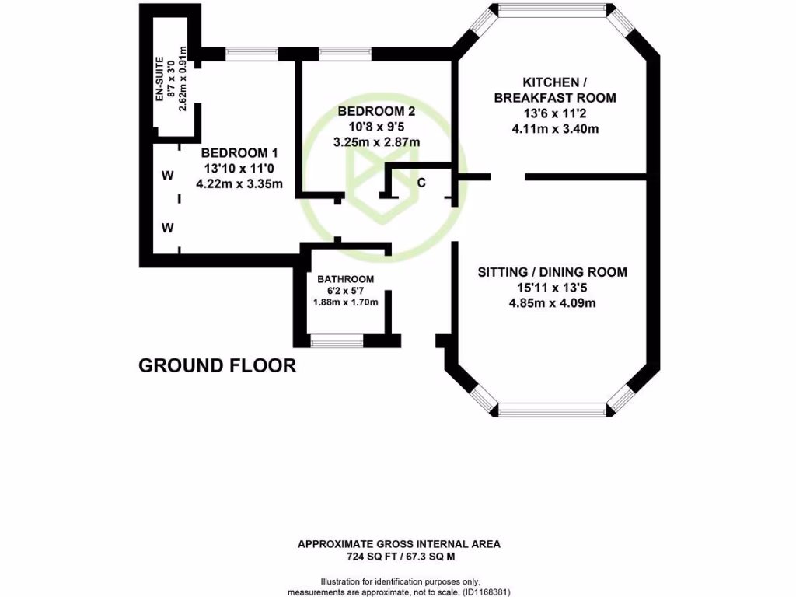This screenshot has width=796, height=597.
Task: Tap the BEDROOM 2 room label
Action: tap(376, 112)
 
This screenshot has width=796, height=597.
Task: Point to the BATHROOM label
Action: tap(345, 279)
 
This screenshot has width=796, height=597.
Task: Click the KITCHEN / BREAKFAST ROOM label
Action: tap(554, 90)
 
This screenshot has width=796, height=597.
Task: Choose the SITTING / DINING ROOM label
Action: tap(552, 272)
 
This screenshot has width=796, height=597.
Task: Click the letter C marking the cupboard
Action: tap(421, 183)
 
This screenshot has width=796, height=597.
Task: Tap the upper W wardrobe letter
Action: tap(167, 176)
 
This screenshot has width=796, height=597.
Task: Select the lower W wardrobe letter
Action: tap(167, 228)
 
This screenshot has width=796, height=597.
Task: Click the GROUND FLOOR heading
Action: tap(217, 365)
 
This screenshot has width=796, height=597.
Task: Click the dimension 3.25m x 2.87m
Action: tap(376, 142)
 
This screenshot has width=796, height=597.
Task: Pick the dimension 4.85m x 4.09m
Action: tap(552, 303)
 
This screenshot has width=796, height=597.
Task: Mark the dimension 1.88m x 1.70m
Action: tap(346, 302)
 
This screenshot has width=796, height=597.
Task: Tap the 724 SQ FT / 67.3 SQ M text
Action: tap(399, 557)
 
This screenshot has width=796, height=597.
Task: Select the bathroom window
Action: tap(337, 340)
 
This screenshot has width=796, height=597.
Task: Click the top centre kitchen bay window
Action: tap(552, 12)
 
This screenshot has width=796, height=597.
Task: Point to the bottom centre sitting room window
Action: tap(552, 410)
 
